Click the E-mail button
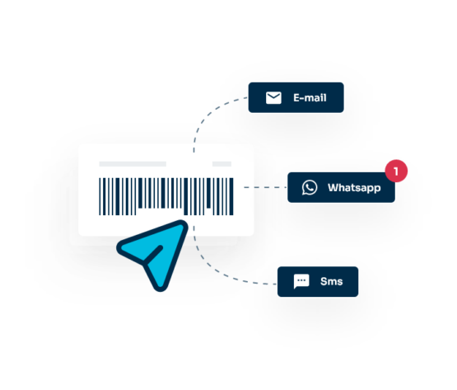click(x=296, y=97)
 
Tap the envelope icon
click(x=273, y=98)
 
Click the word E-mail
click(x=310, y=98)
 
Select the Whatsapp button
click(x=341, y=187)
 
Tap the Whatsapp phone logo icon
click(x=310, y=187)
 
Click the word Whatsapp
click(x=354, y=188)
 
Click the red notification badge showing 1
click(x=396, y=171)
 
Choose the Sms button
click(x=318, y=282)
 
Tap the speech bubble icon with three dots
click(x=301, y=281)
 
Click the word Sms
click(x=331, y=281)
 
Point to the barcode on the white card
click(x=166, y=196)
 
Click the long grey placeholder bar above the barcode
click(x=133, y=164)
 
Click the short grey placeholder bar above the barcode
click(x=222, y=164)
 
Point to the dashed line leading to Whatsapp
click(x=265, y=187)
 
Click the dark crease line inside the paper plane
click(x=152, y=255)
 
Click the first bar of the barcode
click(x=100, y=196)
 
